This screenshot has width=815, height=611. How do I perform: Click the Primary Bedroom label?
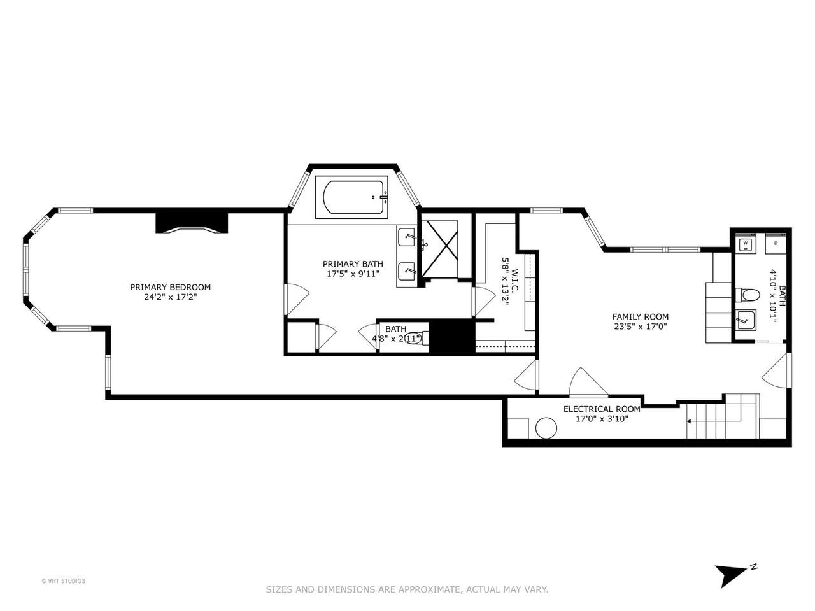coord(170,287)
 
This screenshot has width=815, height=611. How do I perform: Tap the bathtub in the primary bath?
coord(351,197)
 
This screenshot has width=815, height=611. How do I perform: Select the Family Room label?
coord(640,316)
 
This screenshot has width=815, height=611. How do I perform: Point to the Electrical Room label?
coord(602,409)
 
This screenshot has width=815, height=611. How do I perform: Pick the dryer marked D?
coord(776,243)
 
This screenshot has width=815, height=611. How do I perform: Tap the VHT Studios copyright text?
coord(63,591)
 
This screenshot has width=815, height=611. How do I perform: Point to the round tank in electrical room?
coord(546,428)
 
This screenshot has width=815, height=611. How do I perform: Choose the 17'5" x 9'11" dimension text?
coord(353,274)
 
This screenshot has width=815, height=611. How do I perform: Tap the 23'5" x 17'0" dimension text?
coord(640,327)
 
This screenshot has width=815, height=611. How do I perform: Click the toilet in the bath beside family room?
coord(747,295)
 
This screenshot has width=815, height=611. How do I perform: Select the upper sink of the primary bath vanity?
coord(407,237)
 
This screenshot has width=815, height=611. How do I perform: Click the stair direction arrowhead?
coord(689,421)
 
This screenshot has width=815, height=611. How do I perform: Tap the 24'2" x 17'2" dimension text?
coord(170,297)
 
